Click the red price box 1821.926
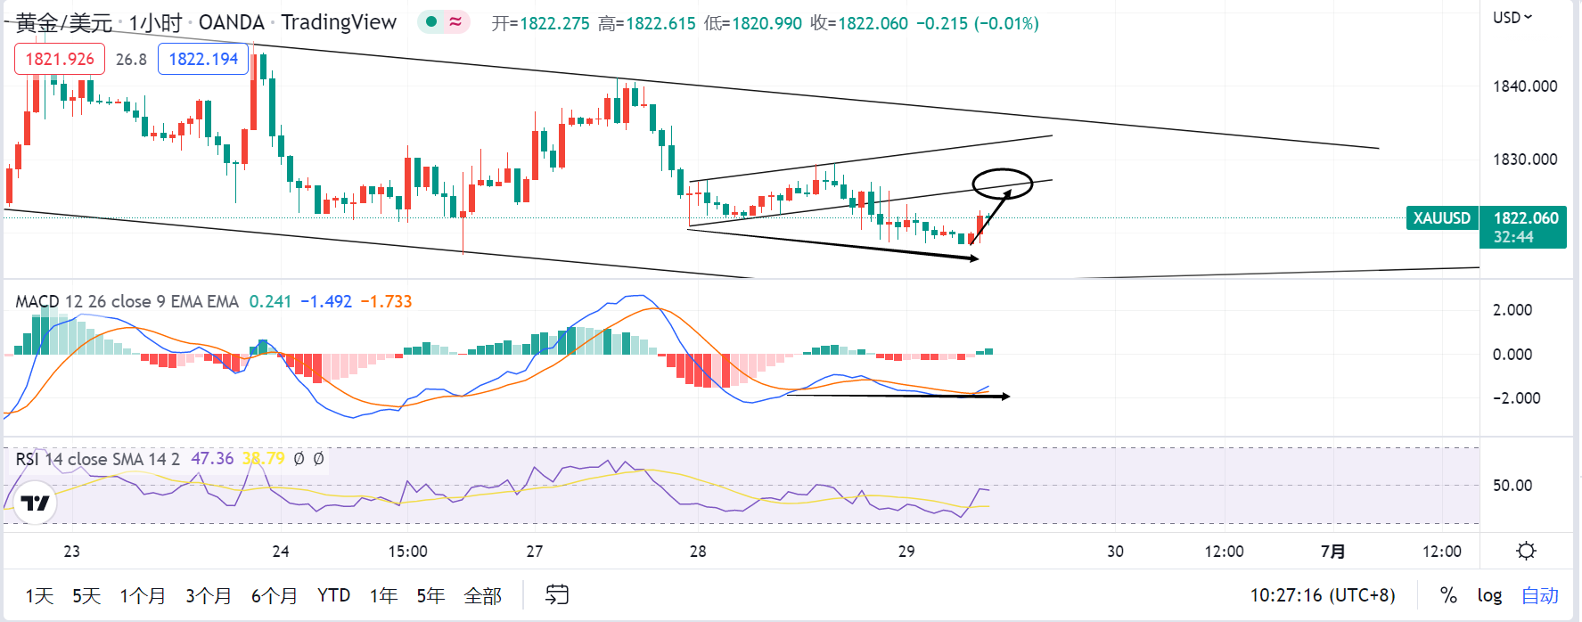click(x=60, y=59)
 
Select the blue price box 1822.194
click(x=203, y=59)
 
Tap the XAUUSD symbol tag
click(x=1442, y=218)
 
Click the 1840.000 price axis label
click(x=1525, y=86)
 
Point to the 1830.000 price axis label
click(x=1525, y=160)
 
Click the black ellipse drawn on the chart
click(x=1002, y=183)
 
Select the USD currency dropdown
click(x=1512, y=18)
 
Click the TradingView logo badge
click(x=36, y=503)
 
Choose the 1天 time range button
click(x=39, y=595)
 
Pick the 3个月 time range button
click(x=209, y=595)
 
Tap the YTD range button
click(x=333, y=595)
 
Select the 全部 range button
click(x=483, y=595)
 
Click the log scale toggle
click(x=1489, y=595)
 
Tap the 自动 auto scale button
click(x=1540, y=595)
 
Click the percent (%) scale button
click(x=1448, y=595)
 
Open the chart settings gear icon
click(x=1526, y=551)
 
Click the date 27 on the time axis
click(x=535, y=552)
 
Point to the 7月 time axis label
click(x=1332, y=552)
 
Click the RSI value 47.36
click(x=212, y=459)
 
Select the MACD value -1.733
click(x=386, y=301)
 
